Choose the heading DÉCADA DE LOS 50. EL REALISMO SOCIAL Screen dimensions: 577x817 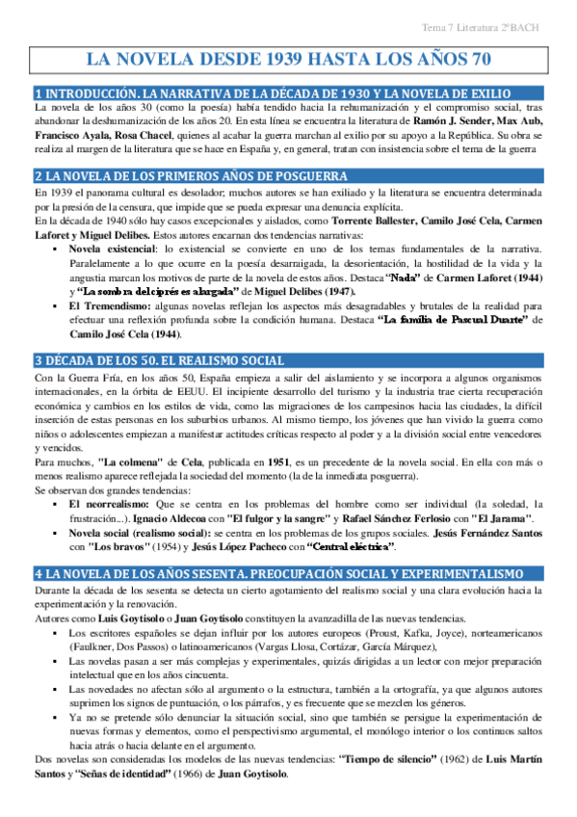pyautogui.click(x=163, y=360)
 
